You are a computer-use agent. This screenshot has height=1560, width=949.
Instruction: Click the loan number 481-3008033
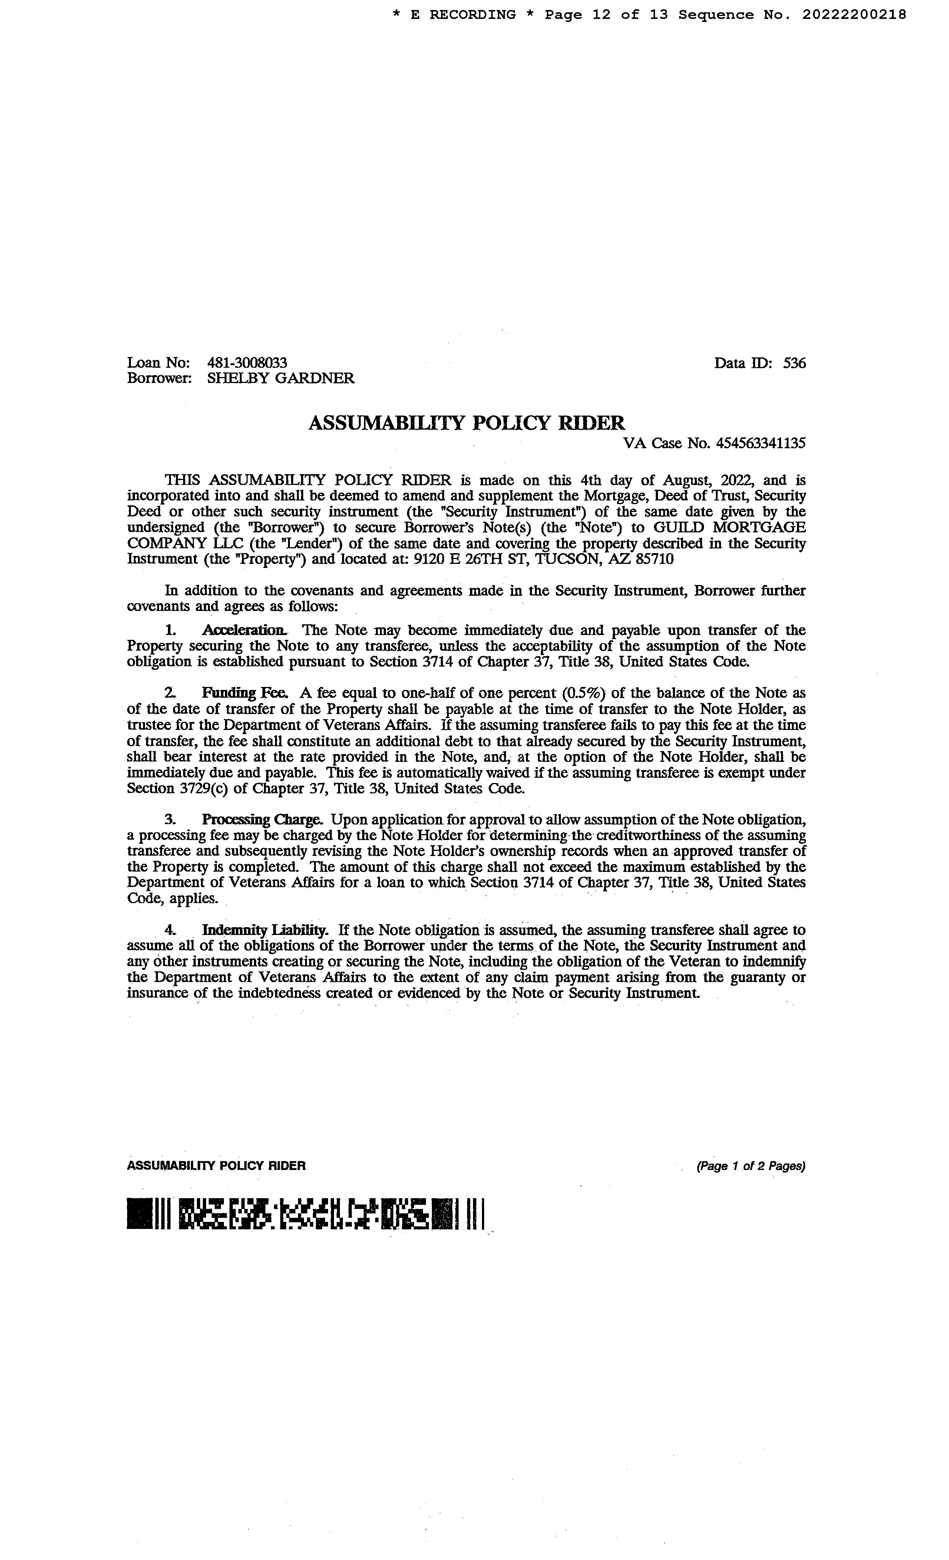click(247, 363)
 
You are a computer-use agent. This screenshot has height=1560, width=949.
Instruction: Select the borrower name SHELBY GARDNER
click(281, 379)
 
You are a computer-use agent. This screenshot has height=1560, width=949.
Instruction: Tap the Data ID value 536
click(794, 363)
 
